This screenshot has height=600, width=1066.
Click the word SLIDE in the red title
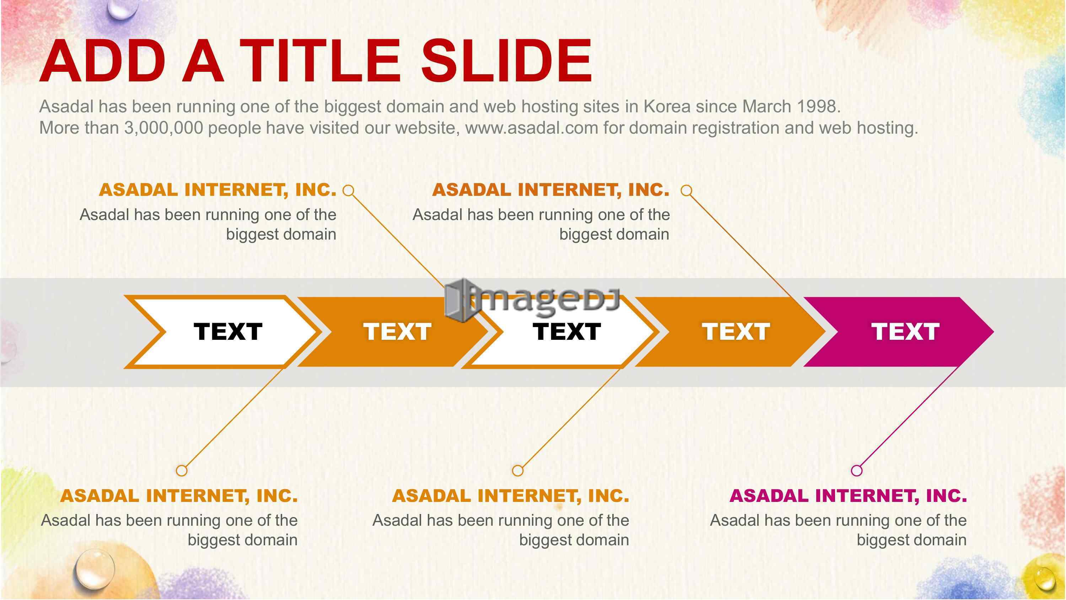tap(506, 61)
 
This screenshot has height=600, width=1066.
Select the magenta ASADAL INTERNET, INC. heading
tap(848, 495)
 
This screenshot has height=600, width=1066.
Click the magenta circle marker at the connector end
tap(857, 470)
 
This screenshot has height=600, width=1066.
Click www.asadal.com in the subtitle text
tap(532, 128)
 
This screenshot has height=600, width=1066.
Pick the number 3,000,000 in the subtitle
tap(164, 128)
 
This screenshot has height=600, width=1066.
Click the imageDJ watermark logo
tap(532, 299)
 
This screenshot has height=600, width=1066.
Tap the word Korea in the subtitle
tap(667, 106)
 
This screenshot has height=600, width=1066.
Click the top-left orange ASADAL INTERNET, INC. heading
tap(218, 190)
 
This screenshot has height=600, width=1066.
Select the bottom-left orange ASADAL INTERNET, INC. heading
tap(179, 495)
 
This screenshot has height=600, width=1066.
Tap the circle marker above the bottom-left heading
tap(182, 470)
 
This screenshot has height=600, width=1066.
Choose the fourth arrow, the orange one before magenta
tap(731, 332)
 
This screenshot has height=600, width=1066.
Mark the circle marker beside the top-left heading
tap(349, 191)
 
